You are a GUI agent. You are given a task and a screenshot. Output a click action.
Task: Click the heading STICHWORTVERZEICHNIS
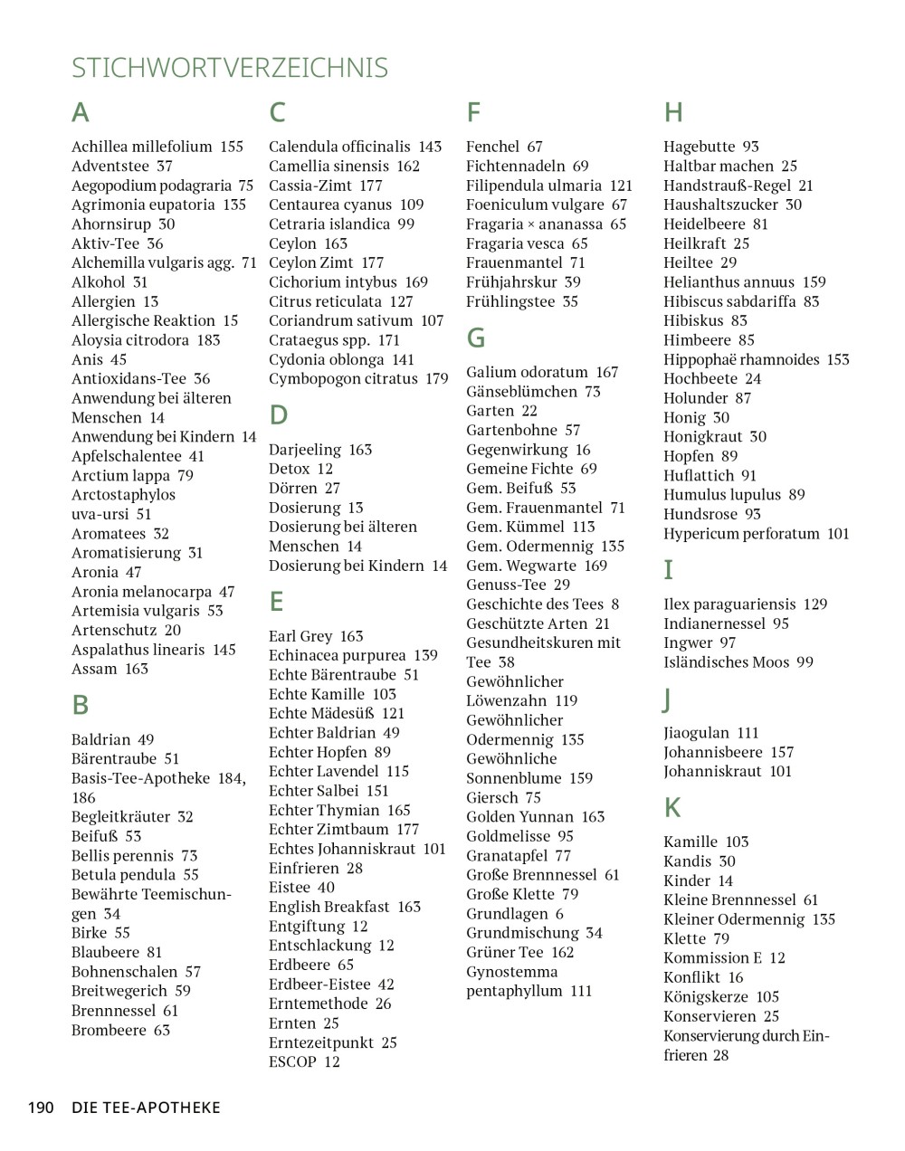230,68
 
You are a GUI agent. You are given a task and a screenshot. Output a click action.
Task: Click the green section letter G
476,338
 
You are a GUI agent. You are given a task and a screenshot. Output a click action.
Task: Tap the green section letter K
672,807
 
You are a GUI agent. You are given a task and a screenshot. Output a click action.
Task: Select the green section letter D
278,415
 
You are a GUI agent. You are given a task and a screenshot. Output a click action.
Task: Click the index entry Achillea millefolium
142,147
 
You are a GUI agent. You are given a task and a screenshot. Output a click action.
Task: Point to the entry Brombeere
109,1030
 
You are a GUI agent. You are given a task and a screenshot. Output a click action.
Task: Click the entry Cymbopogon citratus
343,379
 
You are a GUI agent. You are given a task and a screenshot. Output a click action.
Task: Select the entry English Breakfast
329,907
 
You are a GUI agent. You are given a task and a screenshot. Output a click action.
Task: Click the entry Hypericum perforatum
741,534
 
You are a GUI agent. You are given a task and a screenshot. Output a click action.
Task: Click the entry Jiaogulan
699,733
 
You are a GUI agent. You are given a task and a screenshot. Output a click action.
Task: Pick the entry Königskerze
706,997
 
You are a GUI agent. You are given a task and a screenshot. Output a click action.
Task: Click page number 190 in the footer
42,1108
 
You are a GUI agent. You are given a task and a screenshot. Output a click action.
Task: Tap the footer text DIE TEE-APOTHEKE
147,1108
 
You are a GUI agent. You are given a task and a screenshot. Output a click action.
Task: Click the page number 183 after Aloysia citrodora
208,340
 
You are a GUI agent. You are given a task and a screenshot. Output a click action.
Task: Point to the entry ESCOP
292,1062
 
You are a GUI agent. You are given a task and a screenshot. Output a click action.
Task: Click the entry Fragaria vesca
514,243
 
